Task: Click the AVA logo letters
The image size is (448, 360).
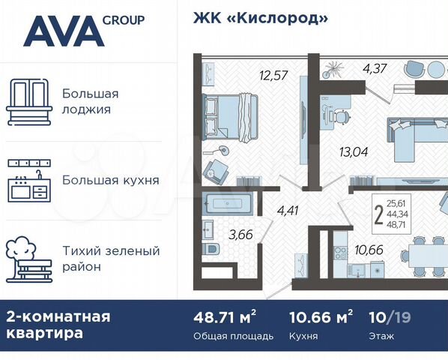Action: (x=63, y=31)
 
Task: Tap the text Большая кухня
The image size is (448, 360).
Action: (x=110, y=180)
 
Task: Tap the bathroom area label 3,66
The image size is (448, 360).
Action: (x=240, y=235)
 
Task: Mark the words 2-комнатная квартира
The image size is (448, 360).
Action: (x=58, y=325)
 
